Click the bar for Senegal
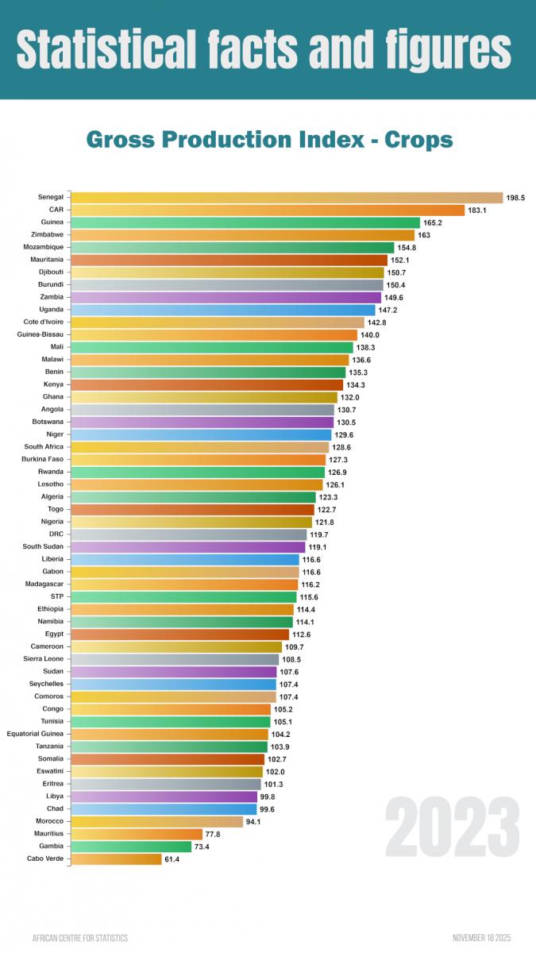pyautogui.click(x=286, y=198)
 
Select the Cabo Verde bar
pyautogui.click(x=116, y=858)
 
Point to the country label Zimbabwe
pyautogui.click(x=48, y=235)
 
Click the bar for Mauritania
pyautogui.click(x=229, y=260)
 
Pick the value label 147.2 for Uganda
pyautogui.click(x=388, y=310)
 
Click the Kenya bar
pyautogui.click(x=206, y=384)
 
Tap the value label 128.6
pyautogui.click(x=342, y=447)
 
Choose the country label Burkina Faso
pyautogui.click(x=44, y=459)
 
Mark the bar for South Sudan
pyautogui.click(x=187, y=546)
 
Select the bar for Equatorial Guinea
pyautogui.click(x=169, y=734)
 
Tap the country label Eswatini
pyautogui.click(x=50, y=771)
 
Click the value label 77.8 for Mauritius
pyautogui.click(x=214, y=834)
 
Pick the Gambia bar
pyautogui.click(x=131, y=847)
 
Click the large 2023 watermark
pyautogui.click(x=452, y=826)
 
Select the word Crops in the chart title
pyautogui.click(x=418, y=141)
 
